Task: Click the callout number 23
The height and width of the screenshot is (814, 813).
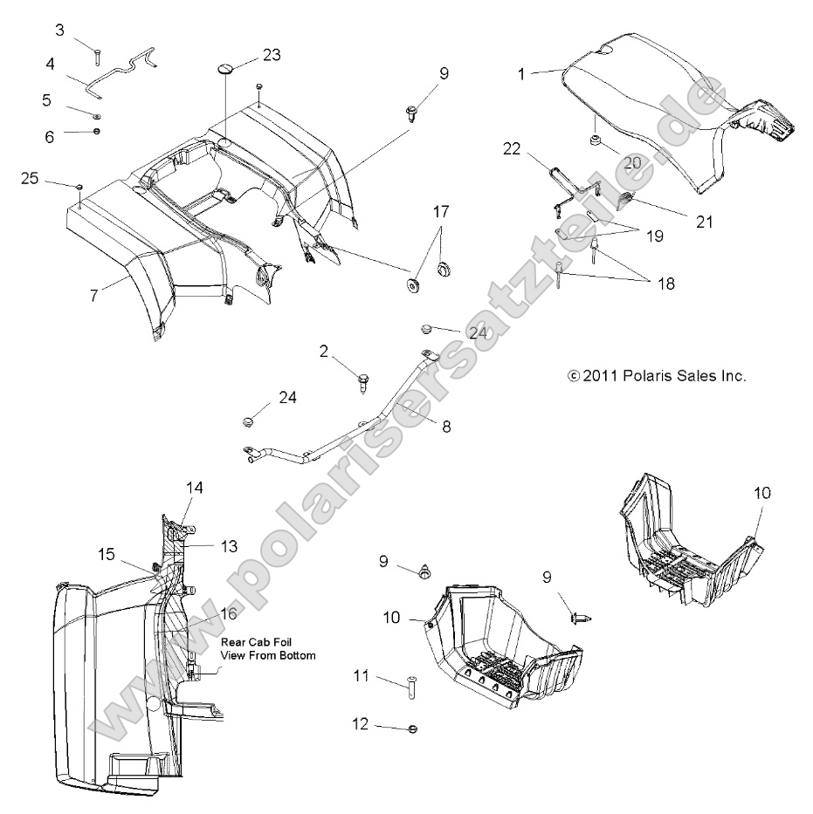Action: click(272, 55)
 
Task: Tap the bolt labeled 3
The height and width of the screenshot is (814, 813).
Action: click(96, 55)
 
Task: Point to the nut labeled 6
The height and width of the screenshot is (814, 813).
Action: click(96, 132)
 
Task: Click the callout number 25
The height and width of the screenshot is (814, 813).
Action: click(31, 179)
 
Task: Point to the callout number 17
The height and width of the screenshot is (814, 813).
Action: click(441, 211)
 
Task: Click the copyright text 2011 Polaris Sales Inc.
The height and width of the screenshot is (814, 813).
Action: click(657, 376)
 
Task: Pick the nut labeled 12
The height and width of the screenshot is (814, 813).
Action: click(412, 727)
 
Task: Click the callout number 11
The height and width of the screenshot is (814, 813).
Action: click(361, 676)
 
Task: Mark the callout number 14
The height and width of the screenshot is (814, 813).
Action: click(194, 489)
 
